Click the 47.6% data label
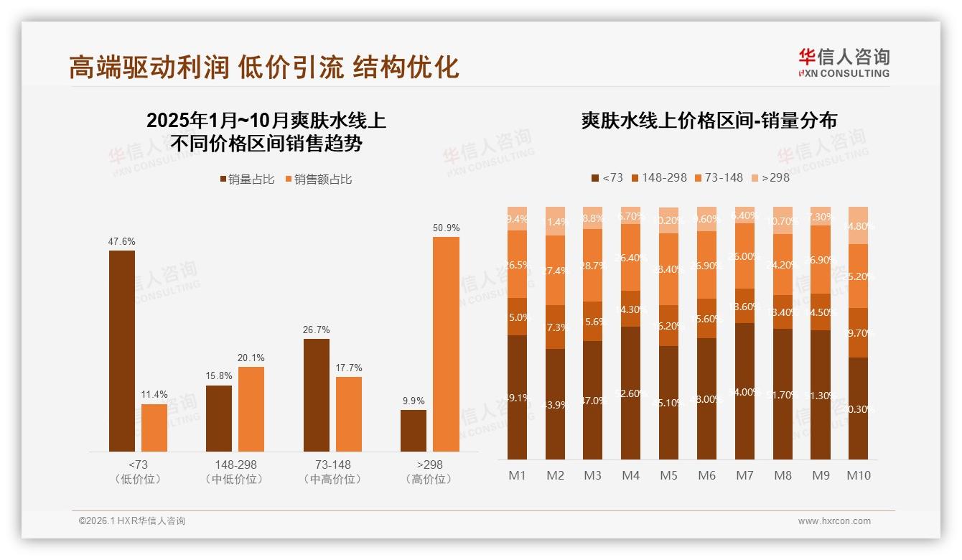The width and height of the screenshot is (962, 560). pyautogui.click(x=122, y=242)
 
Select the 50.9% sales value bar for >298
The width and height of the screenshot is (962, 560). pyautogui.click(x=446, y=344)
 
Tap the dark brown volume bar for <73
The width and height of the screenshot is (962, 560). pyautogui.click(x=122, y=350)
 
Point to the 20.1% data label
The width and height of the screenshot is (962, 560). pyautogui.click(x=251, y=358)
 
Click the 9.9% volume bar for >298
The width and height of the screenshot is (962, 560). pyautogui.click(x=414, y=430)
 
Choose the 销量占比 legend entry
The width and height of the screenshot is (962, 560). pyautogui.click(x=247, y=179)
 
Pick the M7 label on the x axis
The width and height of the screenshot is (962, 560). pyautogui.click(x=744, y=475)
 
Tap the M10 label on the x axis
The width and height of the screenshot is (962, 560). pyautogui.click(x=858, y=475)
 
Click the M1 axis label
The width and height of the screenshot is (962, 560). pyautogui.click(x=517, y=475)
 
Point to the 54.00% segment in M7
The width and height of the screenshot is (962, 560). pyautogui.click(x=745, y=391)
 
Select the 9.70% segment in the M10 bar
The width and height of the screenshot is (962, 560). pyautogui.click(x=858, y=333)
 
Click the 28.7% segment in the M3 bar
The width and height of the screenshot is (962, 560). pyautogui.click(x=593, y=265)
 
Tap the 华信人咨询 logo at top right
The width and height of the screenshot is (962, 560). pyautogui.click(x=844, y=62)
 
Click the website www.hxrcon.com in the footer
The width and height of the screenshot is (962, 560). pyautogui.click(x=834, y=521)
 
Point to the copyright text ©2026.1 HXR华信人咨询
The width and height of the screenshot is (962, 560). pyautogui.click(x=132, y=521)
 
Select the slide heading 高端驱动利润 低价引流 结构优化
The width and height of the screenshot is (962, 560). pyautogui.click(x=263, y=67)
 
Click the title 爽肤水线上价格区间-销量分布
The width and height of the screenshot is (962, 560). pyautogui.click(x=709, y=121)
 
